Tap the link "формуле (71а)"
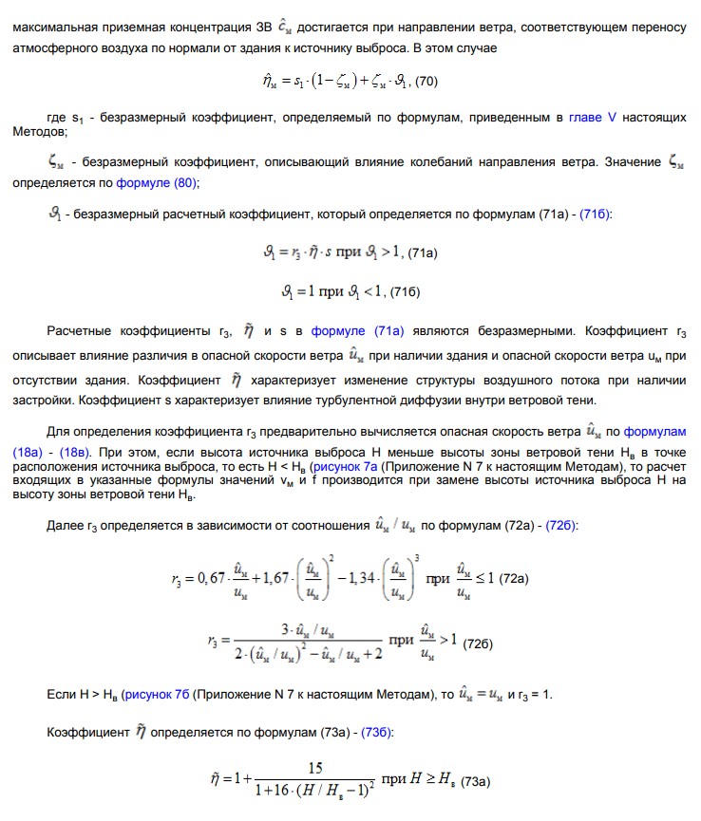[x=358, y=331]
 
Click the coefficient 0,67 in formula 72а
[x=213, y=577]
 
